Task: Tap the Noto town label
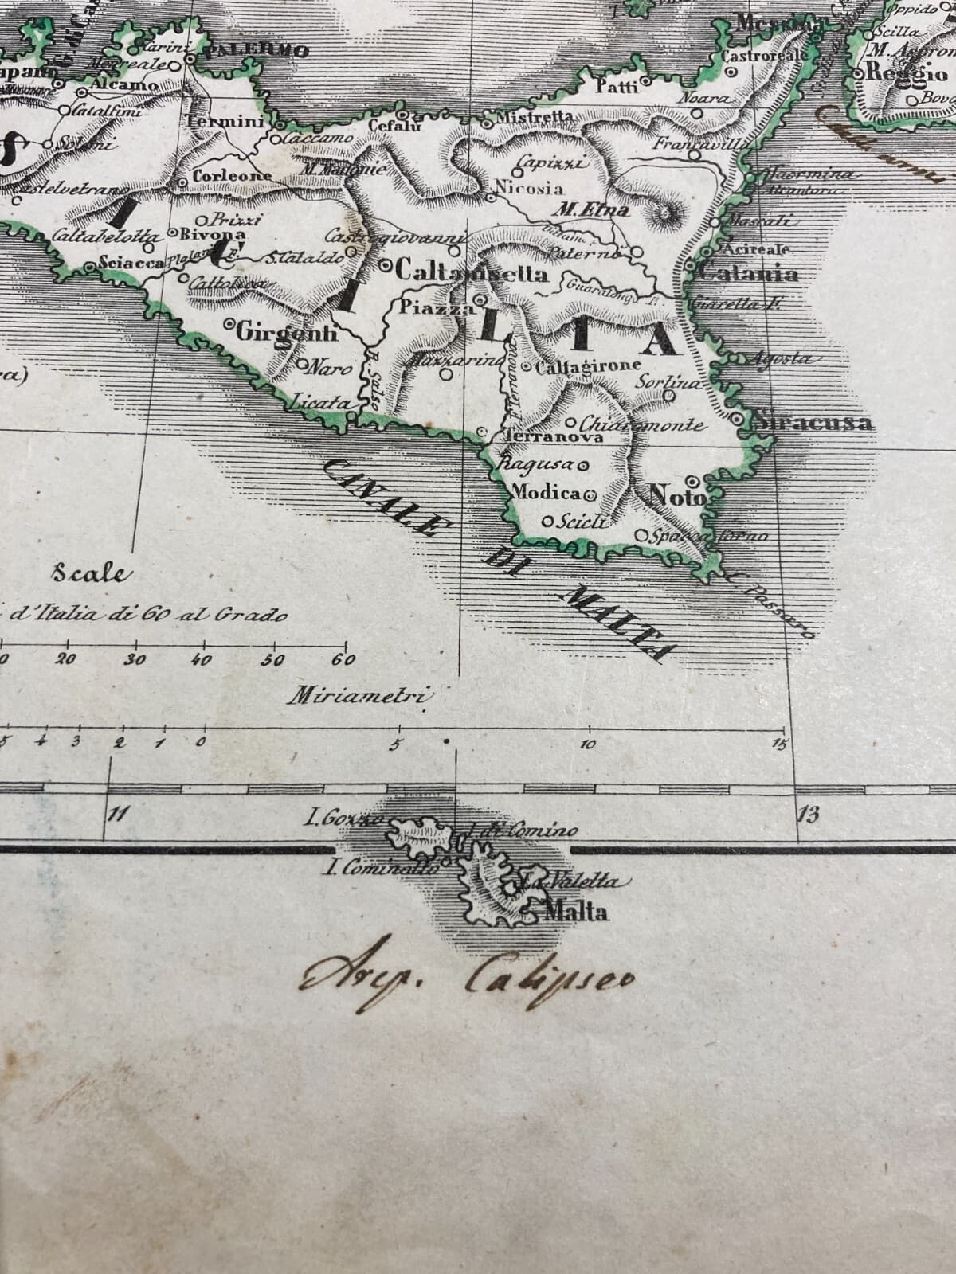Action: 678,496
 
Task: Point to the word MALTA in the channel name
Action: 621,623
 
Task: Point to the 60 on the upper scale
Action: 343,660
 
